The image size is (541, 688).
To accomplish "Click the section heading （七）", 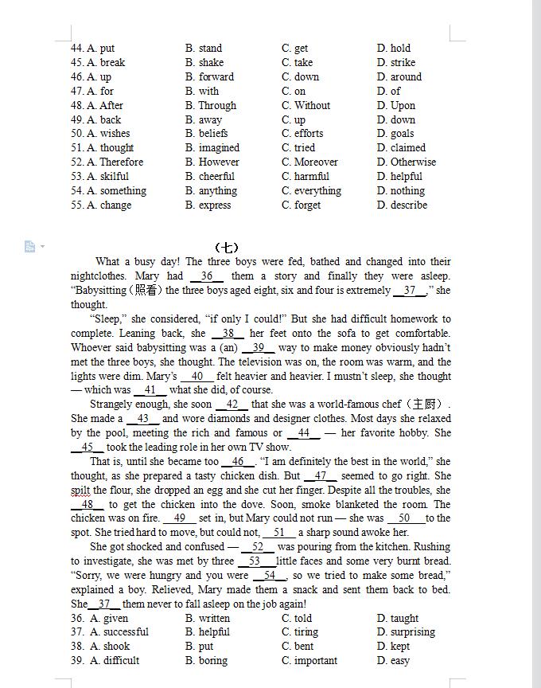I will [227, 247].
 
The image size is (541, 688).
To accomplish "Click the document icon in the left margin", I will [30, 247].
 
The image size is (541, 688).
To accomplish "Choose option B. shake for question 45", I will [204, 63].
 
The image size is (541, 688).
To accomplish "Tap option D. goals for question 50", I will [395, 134].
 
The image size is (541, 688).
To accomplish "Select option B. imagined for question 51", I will [212, 148].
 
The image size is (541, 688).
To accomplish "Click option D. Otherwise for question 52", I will [407, 162].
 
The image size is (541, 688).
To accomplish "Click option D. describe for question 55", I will [402, 205].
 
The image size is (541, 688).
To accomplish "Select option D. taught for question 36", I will [398, 618].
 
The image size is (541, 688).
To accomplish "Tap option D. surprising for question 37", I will [406, 632].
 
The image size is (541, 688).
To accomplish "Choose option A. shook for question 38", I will [110, 647].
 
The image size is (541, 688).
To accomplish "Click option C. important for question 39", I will [309, 661].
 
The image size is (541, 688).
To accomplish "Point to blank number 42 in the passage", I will [232, 405].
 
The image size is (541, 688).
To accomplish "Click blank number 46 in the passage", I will [238, 462].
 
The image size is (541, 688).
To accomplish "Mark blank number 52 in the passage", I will [257, 547].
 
